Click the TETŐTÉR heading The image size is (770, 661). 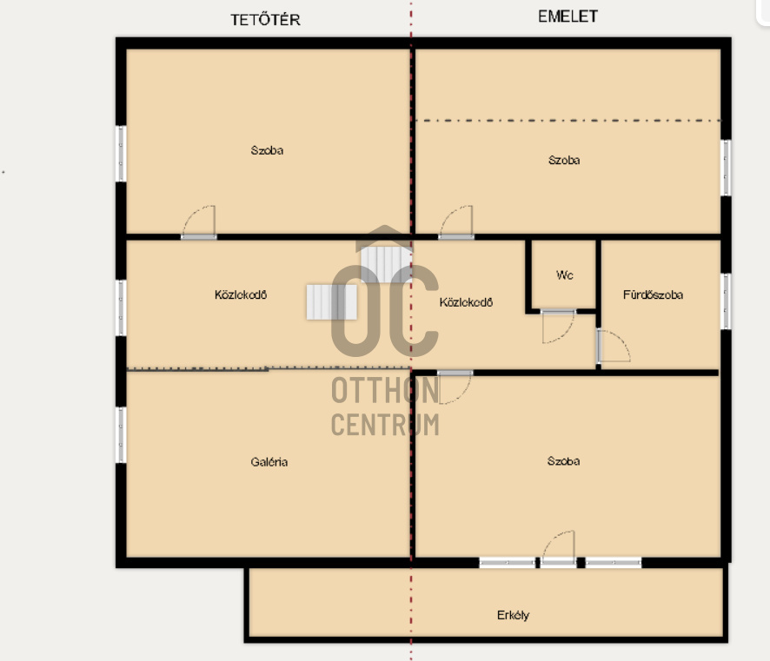(265, 19)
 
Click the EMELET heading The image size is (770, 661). (568, 17)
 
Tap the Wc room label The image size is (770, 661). (565, 275)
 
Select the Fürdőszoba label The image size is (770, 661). (653, 294)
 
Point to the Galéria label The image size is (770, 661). (269, 462)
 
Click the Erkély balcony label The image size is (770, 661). (513, 615)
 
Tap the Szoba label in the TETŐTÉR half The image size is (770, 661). (267, 150)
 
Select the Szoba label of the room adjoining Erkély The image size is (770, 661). (564, 461)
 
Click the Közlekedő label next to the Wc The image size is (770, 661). (466, 302)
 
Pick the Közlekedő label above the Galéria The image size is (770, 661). (240, 294)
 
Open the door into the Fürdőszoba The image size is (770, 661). (614, 346)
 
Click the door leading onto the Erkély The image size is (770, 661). (559, 549)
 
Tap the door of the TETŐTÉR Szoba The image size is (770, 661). (199, 222)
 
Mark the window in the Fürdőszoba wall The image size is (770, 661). (726, 301)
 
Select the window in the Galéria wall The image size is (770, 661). (121, 434)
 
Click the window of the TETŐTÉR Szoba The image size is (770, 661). (121, 154)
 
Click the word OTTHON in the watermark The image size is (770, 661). (385, 391)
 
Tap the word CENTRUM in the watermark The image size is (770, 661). (385, 425)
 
